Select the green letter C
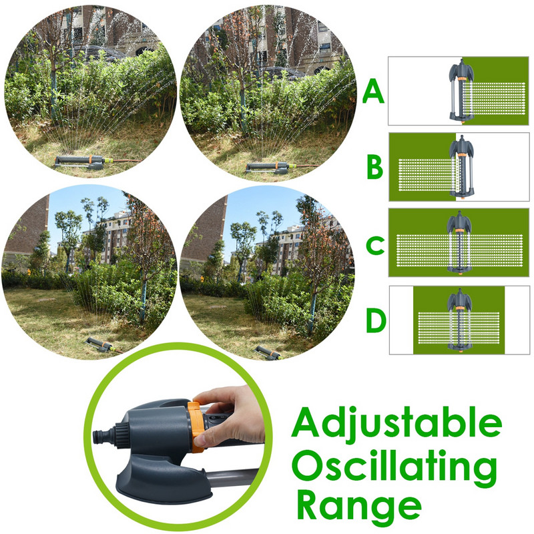pyautogui.click(x=375, y=245)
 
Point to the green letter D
pyautogui.click(x=376, y=320)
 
